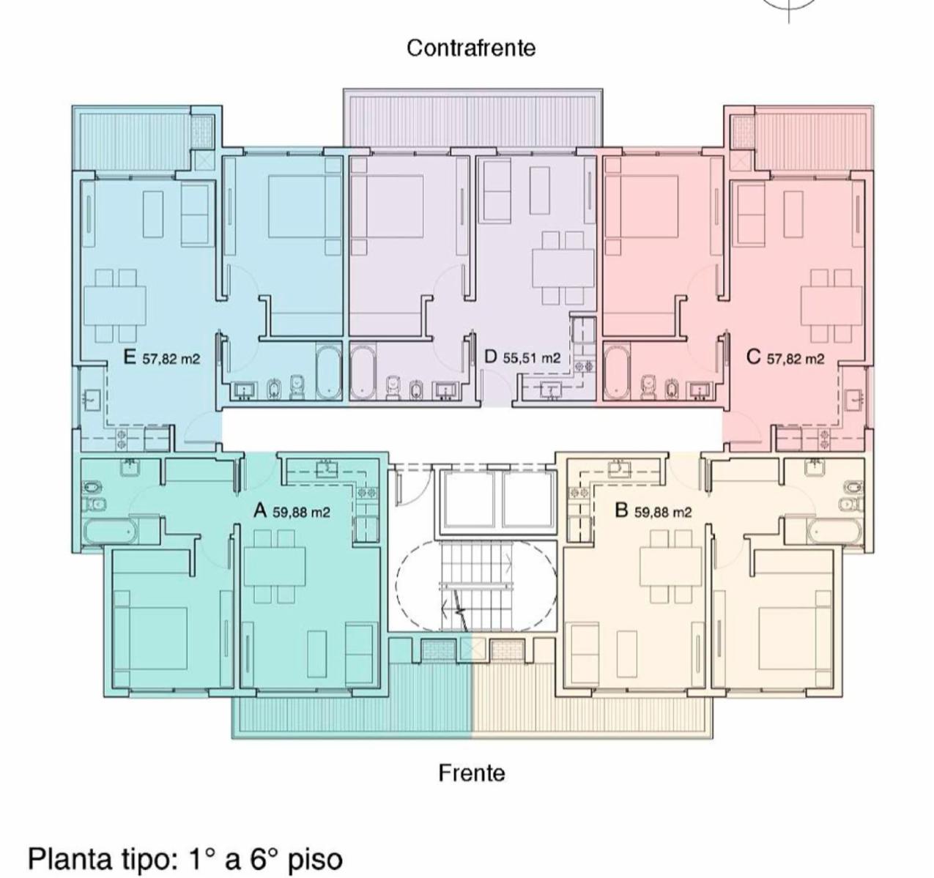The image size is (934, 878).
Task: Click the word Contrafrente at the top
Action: click(x=471, y=48)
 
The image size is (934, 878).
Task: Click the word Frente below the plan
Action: click(x=472, y=773)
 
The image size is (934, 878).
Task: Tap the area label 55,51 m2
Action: click(x=532, y=358)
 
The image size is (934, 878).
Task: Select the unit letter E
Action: click(x=130, y=358)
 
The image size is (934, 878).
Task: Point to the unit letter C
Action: click(x=753, y=357)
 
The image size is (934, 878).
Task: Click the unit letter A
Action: click(x=260, y=510)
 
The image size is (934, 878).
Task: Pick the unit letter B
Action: click(x=622, y=510)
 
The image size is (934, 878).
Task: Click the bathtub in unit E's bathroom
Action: click(x=328, y=373)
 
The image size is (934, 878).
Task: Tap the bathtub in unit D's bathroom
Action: click(x=363, y=373)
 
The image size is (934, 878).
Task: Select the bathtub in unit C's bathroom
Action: click(x=617, y=373)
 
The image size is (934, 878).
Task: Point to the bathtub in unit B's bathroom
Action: click(x=835, y=532)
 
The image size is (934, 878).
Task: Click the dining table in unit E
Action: click(x=115, y=305)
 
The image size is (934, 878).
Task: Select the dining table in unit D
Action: click(x=563, y=267)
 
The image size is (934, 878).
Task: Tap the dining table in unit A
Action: click(x=275, y=566)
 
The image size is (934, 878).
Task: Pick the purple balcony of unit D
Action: click(x=473, y=118)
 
